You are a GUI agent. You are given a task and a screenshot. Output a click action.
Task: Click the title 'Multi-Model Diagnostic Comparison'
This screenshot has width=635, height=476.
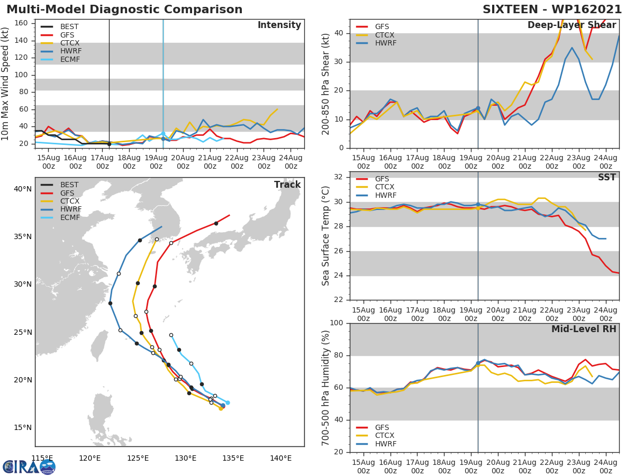pos(124,10)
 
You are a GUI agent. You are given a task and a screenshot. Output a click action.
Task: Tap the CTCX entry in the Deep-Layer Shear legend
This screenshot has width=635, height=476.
pos(385,35)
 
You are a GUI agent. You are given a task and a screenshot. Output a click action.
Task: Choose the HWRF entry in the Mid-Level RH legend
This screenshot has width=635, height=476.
pos(385,444)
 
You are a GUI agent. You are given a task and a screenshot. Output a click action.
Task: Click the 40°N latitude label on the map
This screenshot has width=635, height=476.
pos(22,189)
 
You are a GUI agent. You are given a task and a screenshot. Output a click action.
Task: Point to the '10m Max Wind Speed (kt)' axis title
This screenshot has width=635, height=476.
pos(6,84)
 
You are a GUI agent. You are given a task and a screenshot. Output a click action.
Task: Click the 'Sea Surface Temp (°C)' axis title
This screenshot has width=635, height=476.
pos(326,236)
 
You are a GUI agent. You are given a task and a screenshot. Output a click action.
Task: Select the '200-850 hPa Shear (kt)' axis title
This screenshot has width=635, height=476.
pos(326,84)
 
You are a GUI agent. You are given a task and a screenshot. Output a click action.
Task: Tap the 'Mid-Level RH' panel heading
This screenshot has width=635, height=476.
pos(584,329)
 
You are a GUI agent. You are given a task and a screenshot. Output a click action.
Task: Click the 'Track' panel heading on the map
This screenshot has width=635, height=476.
pos(287,185)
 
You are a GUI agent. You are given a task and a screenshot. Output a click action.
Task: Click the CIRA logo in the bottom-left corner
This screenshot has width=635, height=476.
pos(29,466)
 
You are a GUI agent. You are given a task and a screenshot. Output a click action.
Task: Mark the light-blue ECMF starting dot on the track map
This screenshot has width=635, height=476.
pos(228,402)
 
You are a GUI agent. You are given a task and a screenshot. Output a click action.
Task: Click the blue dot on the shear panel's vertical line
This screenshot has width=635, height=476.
pos(478,108)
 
